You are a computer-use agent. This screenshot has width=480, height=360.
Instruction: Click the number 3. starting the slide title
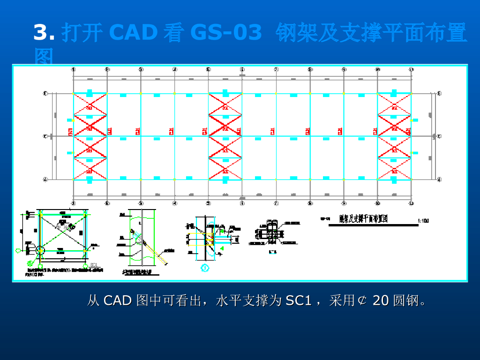(44, 33)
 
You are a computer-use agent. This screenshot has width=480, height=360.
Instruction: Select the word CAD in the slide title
(133, 33)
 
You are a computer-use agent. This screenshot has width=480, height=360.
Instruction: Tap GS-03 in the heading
(226, 33)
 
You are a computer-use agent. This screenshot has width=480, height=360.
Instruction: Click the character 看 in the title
(173, 33)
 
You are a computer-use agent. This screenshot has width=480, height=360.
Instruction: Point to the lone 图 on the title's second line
(44, 58)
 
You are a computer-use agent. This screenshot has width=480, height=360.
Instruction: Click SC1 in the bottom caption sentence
(299, 300)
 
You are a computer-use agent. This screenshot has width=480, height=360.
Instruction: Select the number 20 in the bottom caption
(381, 300)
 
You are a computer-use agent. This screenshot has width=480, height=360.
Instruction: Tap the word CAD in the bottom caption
(117, 300)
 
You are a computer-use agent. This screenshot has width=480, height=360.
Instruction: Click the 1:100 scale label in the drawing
(423, 220)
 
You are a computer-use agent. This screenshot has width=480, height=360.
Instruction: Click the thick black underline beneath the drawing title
(373, 225)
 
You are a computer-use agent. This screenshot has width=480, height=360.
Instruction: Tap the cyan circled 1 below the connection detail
(205, 268)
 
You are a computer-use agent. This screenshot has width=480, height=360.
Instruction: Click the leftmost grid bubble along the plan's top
(74, 69)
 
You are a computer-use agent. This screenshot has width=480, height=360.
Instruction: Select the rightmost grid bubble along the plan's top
(411, 69)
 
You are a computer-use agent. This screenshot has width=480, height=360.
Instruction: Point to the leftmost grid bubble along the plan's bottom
(74, 203)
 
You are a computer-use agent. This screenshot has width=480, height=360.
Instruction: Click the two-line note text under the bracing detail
(64, 272)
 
